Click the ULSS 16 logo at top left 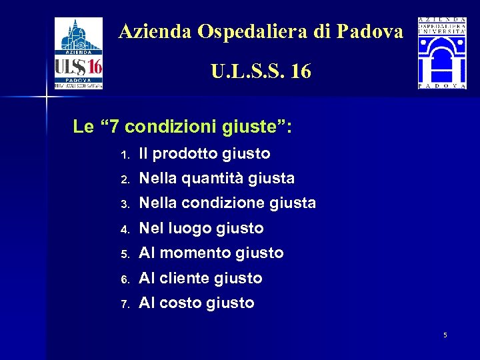click(79, 53)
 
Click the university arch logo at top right click(442, 53)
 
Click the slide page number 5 click(445, 335)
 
